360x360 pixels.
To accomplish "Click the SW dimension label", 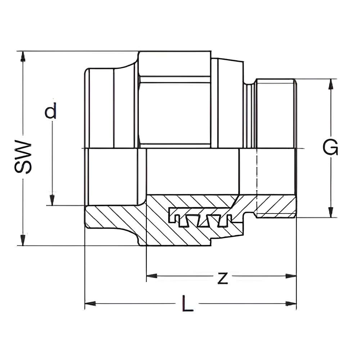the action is pos(23,157).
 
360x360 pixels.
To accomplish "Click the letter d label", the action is pos(50,111).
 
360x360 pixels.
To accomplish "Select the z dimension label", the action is pos(222,278).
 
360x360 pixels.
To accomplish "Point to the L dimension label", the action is pos(188,303).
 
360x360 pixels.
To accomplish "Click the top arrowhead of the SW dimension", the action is pos(23,57).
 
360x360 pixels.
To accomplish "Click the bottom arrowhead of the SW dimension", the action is pos(23,240).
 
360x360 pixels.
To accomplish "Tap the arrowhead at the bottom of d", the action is pos(52,200).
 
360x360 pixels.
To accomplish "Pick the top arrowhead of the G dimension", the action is pos(330,84).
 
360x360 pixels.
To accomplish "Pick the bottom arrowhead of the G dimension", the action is pos(330,212).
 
